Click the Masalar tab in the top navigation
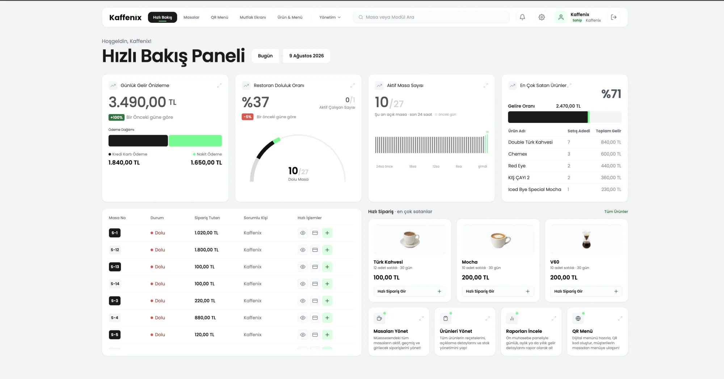point(191,17)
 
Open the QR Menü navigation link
point(219,17)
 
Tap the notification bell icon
point(522,17)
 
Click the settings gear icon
point(542,17)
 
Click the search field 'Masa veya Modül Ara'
point(431,17)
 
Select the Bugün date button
point(265,56)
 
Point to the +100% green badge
point(117,117)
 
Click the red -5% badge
point(248,117)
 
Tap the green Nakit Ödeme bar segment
point(195,141)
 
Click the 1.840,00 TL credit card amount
point(124,163)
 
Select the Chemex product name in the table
point(518,154)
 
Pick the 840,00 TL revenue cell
point(611,142)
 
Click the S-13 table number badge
point(115,267)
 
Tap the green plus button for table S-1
point(327,233)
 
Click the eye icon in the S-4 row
point(303,318)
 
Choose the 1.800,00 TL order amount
point(206,250)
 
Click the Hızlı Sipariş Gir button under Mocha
point(498,291)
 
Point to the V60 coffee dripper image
point(586,240)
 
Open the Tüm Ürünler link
point(616,212)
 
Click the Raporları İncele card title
point(524,331)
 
